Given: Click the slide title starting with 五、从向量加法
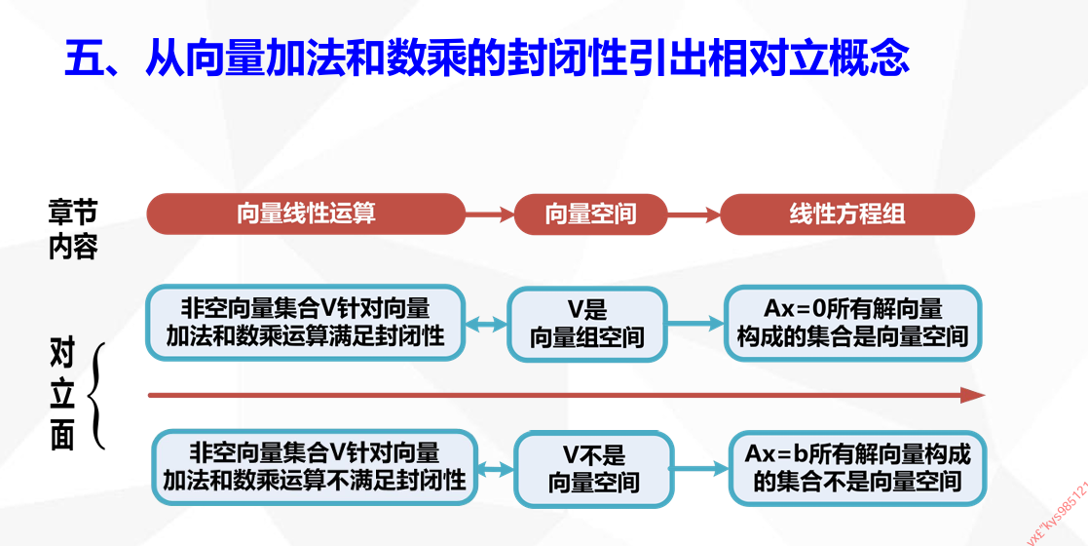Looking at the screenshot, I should pyautogui.click(x=487, y=58).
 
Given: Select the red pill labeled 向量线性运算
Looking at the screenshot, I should pyautogui.click(x=306, y=214).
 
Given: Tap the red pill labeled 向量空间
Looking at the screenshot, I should pyautogui.click(x=590, y=214).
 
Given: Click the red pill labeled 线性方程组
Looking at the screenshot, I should pyautogui.click(x=846, y=214).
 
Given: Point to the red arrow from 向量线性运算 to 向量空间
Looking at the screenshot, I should pyautogui.click(x=490, y=214).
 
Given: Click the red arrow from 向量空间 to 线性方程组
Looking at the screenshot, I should pyautogui.click(x=694, y=214).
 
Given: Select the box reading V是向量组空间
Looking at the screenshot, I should pyautogui.click(x=587, y=324).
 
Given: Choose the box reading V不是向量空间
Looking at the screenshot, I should pyautogui.click(x=593, y=469).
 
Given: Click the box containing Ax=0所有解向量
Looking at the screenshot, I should pyautogui.click(x=852, y=323).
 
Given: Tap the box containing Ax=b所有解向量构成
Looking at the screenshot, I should pyautogui.click(x=858, y=467).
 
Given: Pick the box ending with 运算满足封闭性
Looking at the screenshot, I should pyautogui.click(x=305, y=323).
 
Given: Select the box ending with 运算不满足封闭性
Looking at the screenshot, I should pyautogui.click(x=314, y=467).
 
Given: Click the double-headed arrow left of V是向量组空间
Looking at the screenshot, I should pyautogui.click(x=487, y=324).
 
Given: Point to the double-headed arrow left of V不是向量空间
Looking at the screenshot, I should pyautogui.click(x=496, y=469).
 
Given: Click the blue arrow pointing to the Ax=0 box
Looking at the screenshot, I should pyautogui.click(x=696, y=323).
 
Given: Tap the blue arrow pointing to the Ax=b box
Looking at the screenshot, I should pyautogui.click(x=701, y=468).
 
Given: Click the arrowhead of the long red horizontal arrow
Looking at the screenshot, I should pyautogui.click(x=972, y=395).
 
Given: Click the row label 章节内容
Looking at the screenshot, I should pyautogui.click(x=73, y=229).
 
